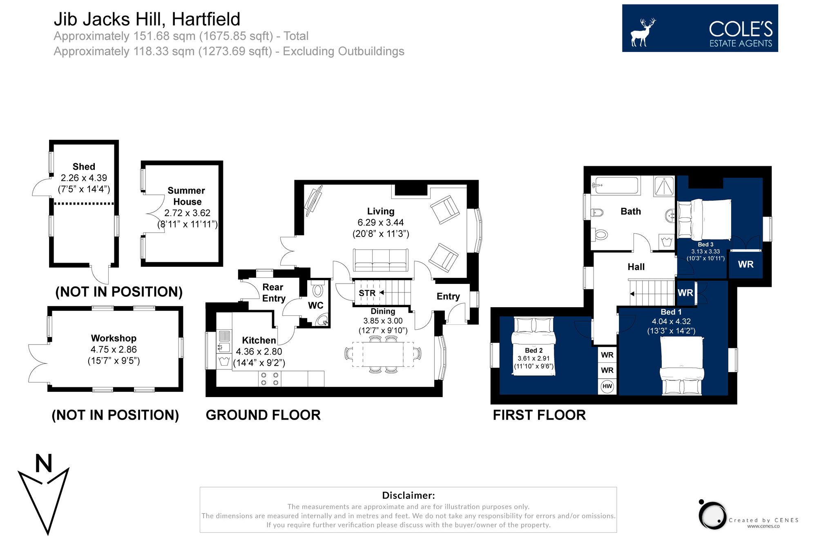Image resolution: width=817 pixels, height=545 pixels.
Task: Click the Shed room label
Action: tap(84, 167)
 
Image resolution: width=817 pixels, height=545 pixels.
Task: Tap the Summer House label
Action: tap(187, 196)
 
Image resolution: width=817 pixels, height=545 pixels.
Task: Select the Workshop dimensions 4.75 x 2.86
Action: tap(114, 350)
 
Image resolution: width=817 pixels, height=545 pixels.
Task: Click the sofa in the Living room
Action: tap(380, 261)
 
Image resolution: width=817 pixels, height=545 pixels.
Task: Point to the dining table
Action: tap(383, 354)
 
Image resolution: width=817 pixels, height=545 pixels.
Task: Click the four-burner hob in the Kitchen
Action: tap(270, 379)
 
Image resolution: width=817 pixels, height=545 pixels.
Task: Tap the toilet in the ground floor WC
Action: tap(318, 290)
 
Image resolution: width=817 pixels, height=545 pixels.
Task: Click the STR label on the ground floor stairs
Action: tap(367, 293)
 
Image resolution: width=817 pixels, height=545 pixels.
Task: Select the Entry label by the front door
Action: tap(448, 297)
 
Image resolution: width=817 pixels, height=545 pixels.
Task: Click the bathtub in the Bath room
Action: tap(616, 185)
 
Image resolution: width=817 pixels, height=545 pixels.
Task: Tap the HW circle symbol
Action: tap(607, 386)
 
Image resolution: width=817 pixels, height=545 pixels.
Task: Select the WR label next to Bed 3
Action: tap(746, 265)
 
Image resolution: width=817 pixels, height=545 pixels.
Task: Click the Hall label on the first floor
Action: tap(636, 267)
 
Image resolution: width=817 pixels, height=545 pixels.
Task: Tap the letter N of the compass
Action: tap(44, 464)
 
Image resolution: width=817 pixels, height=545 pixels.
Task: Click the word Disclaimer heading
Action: tap(408, 496)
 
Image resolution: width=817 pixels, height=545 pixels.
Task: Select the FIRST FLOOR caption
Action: tap(539, 415)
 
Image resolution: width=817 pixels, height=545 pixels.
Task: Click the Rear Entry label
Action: tap(274, 293)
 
